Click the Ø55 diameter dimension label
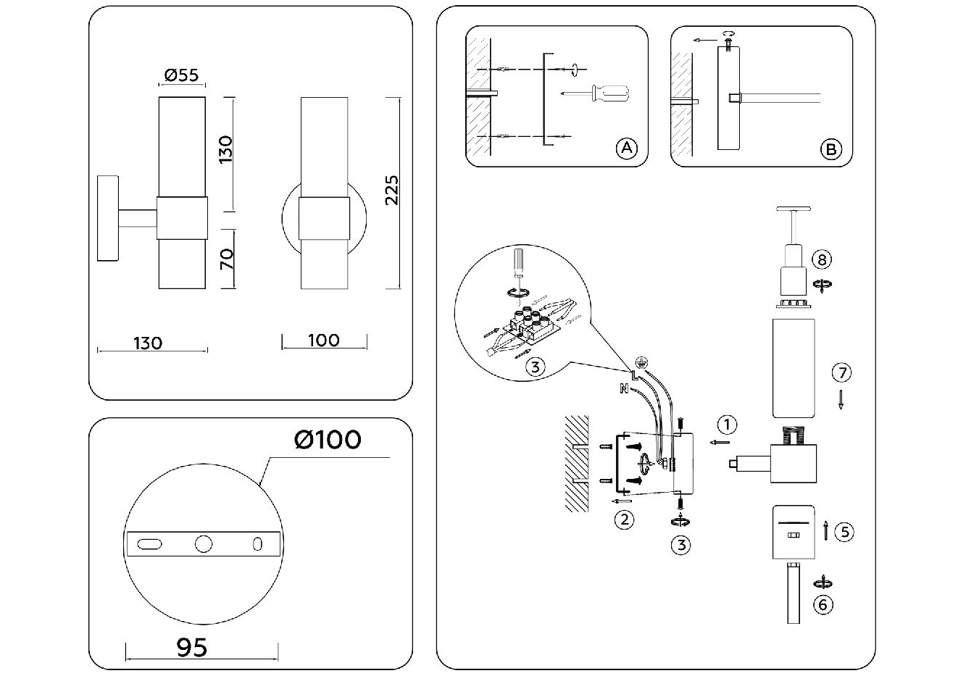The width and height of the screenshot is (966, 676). tap(181, 75)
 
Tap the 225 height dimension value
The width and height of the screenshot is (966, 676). tap(391, 190)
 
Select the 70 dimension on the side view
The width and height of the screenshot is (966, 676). tap(227, 259)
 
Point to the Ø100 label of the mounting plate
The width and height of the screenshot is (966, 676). tap(328, 439)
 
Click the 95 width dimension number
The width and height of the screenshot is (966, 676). tap(192, 647)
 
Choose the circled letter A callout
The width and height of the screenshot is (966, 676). tap(625, 149)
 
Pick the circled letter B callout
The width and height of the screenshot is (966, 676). tap(830, 149)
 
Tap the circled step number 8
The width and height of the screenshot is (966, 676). tap(822, 259)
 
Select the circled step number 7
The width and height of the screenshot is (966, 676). tap(841, 373)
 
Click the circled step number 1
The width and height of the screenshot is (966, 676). tap(728, 424)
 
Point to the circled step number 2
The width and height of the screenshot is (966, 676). tap(623, 519)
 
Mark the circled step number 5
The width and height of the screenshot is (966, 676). tap(844, 531)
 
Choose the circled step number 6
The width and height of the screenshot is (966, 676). tap(823, 604)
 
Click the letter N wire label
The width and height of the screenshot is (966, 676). tap(623, 389)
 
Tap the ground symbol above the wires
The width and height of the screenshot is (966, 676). tap(640, 362)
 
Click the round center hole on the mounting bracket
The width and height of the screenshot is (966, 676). tap(203, 543)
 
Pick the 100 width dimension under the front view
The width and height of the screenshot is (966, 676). tap(323, 340)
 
